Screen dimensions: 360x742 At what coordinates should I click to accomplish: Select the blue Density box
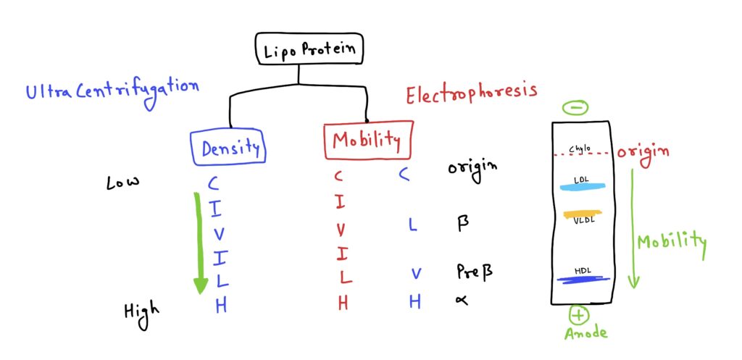230,147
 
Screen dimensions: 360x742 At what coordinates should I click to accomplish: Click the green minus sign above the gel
575,107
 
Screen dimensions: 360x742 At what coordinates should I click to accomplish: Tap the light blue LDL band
581,188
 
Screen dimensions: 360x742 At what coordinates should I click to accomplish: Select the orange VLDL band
582,214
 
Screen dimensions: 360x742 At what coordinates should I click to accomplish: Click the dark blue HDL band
582,280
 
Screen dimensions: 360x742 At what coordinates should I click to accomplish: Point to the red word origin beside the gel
643,151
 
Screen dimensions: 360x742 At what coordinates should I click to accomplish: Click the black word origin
472,168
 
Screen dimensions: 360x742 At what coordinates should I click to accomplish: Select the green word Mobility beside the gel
671,241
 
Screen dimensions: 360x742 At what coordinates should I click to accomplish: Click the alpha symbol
459,301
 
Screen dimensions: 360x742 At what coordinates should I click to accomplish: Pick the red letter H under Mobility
343,304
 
